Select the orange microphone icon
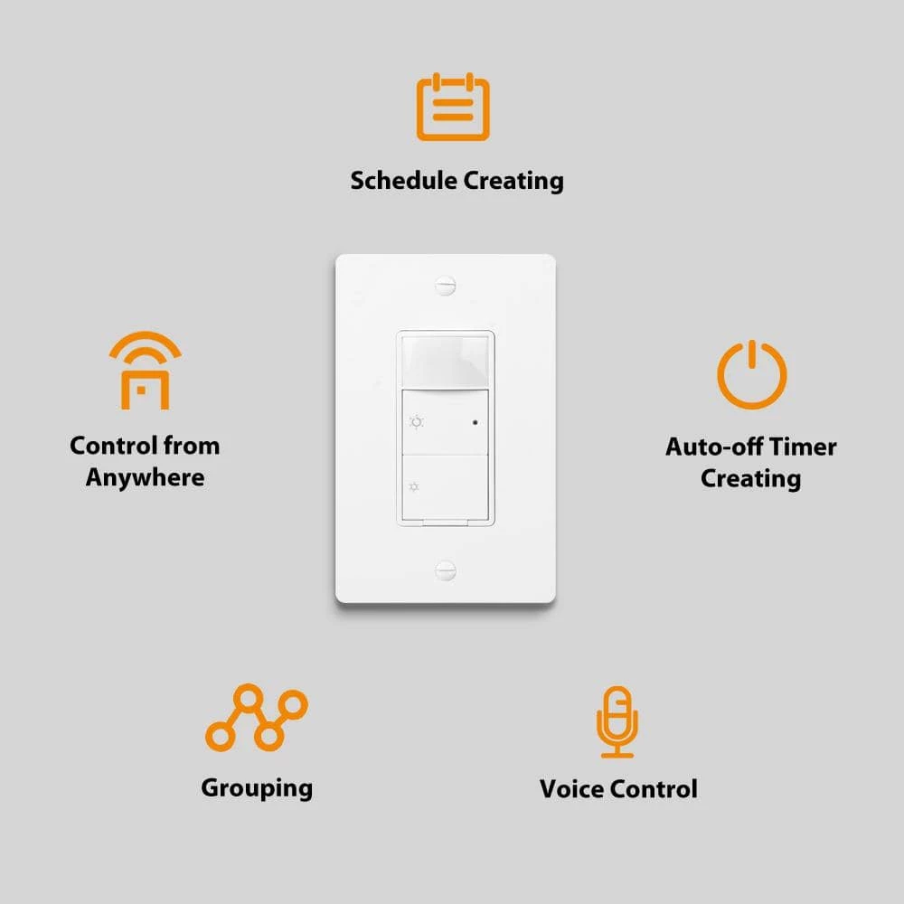click(x=617, y=721)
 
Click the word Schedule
click(x=403, y=181)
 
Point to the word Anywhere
click(x=146, y=478)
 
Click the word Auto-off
click(x=714, y=447)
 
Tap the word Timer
click(x=803, y=447)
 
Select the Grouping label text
click(x=257, y=788)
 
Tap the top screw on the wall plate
click(x=445, y=286)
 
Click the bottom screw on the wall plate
click(x=445, y=570)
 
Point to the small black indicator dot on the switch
click(x=476, y=422)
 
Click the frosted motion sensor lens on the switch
click(x=445, y=361)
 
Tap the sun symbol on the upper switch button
click(x=416, y=422)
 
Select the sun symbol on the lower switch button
click(x=414, y=488)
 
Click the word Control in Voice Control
click(x=654, y=788)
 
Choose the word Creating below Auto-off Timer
click(x=750, y=479)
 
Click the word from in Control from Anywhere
click(x=192, y=446)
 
